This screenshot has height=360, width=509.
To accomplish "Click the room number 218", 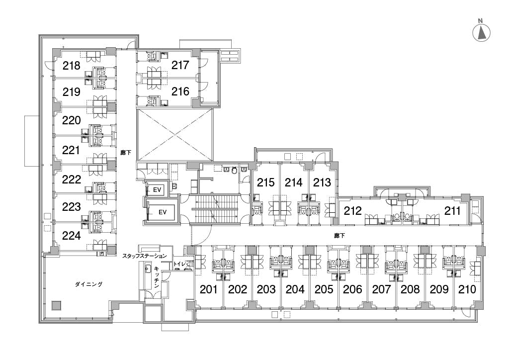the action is point(72,66).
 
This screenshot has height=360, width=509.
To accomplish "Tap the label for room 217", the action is point(180,65).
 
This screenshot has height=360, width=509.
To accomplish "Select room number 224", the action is point(72,235).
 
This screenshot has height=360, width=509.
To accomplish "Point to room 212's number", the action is point(352,211).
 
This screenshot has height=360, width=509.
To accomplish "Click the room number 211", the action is point(452,211).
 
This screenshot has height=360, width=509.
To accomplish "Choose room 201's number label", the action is point(208,289).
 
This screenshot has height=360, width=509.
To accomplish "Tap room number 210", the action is point(467,289).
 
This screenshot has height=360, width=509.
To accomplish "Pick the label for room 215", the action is point(266,182).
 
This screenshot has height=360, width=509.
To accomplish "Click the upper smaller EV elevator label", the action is point(157,190).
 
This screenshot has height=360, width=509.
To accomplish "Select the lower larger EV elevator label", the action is point(163,212).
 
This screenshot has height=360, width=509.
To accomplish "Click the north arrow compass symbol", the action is point(481,31).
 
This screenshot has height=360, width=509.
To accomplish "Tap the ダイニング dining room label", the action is point(88,284).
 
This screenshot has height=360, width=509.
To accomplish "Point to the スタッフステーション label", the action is point(145,256).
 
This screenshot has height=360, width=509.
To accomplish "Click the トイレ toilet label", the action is point(179,264).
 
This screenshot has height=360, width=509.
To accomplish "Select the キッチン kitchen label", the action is point(156,277).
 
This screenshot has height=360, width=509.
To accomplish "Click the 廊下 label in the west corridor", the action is point(126,152).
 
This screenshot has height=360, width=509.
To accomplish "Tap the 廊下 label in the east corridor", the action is point(339,236).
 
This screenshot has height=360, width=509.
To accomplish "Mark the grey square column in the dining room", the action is point(57,305).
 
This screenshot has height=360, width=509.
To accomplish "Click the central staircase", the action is point(215,209).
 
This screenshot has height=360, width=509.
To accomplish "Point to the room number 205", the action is point(324,289).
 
